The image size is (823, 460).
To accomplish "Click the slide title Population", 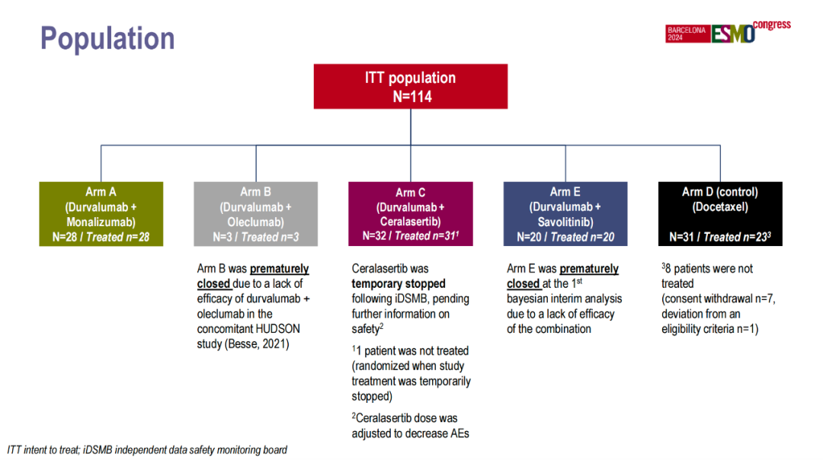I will tap(107, 38).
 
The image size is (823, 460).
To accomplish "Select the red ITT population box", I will tap(411, 86).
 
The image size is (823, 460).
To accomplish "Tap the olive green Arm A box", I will tap(101, 214).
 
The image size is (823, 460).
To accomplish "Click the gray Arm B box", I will tap(255, 214).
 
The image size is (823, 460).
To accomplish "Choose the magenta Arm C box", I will tap(410, 214).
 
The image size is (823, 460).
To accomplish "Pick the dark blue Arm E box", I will tap(565, 214).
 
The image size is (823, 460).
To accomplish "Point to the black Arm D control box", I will tap(720, 214).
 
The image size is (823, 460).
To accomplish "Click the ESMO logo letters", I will tap(733, 34).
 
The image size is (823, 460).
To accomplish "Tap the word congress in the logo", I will tap(772, 25).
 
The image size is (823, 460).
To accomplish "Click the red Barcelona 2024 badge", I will tap(687, 34).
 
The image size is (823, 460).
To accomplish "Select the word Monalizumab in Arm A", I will tap(101, 222).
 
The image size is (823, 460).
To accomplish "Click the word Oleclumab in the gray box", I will tap(256, 222).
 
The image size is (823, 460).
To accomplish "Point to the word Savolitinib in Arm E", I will tap(565, 222).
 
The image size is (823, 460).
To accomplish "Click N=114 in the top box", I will tap(411, 97).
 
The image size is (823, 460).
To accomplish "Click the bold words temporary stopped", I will tap(399, 284).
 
